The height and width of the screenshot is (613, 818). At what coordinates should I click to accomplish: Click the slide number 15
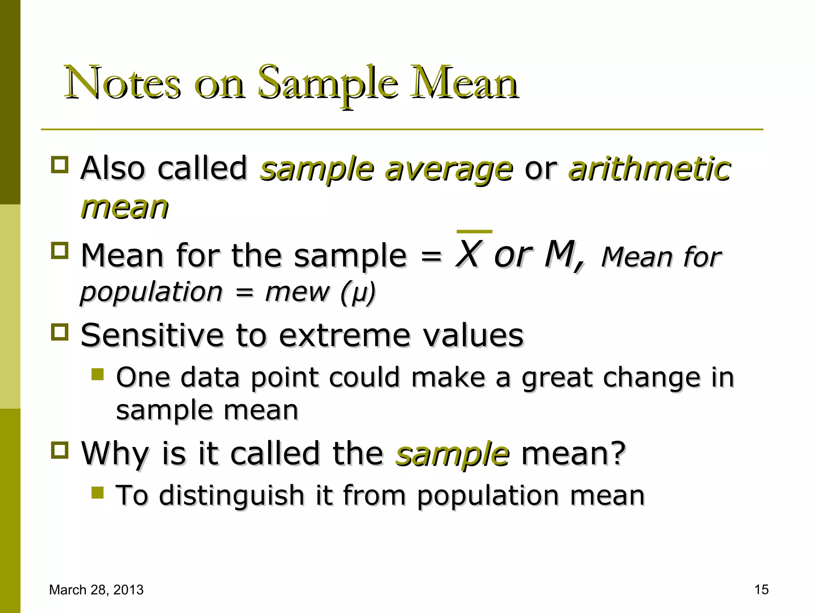[x=761, y=589]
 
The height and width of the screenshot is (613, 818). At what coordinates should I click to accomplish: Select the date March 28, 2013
[x=96, y=589]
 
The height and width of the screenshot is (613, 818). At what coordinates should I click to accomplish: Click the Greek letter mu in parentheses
[x=358, y=293]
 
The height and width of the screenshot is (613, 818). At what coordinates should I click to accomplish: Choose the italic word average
[x=449, y=170]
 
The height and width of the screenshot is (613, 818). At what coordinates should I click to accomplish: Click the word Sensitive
[x=152, y=335]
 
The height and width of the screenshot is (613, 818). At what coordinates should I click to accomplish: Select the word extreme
[x=344, y=335]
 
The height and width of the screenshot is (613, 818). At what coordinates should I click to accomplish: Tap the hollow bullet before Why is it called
[x=60, y=450]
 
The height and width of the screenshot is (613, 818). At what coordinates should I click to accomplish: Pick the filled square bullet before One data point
[x=97, y=374]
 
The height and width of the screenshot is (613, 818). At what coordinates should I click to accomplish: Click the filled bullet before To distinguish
[x=97, y=492]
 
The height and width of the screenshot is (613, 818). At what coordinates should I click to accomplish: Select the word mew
[x=297, y=292]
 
